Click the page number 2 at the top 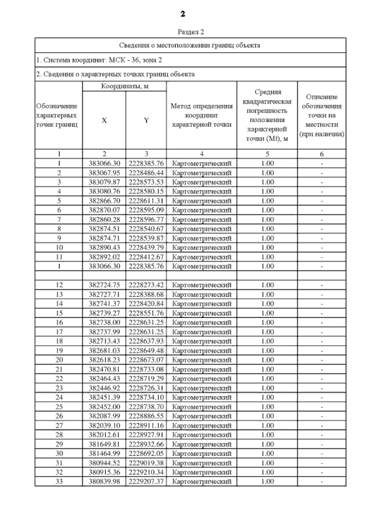(x=183, y=14)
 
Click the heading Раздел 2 (x=191, y=32)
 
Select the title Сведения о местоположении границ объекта (x=189, y=46)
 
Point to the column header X (x=104, y=120)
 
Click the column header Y (x=146, y=120)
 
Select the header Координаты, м (x=124, y=86)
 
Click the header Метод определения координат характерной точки (x=202, y=115)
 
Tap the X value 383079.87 (x=104, y=182)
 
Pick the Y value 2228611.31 (x=146, y=201)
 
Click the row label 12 (x=59, y=285)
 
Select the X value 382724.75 (x=104, y=285)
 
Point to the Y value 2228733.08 (x=146, y=369)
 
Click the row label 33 (x=59, y=482)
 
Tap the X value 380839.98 (x=104, y=482)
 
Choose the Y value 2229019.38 (x=146, y=463)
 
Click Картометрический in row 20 (x=202, y=360)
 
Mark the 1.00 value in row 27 (x=267, y=426)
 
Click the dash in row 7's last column (x=322, y=220)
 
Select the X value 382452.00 (x=104, y=407)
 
